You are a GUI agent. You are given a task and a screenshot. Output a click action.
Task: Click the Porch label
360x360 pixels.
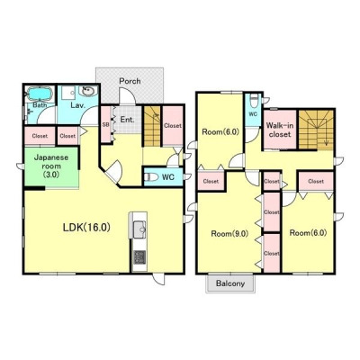click(x=130, y=81)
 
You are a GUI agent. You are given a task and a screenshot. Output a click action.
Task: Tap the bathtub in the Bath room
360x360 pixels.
click(x=40, y=94)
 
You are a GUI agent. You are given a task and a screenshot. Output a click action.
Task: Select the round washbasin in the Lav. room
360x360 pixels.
click(x=88, y=91)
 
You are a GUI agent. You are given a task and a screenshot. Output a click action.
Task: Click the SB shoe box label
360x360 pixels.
click(x=105, y=124)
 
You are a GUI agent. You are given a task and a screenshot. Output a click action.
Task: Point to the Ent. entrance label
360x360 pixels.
click(x=127, y=120)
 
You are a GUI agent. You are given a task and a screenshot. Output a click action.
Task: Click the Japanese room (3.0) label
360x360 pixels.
click(x=51, y=166)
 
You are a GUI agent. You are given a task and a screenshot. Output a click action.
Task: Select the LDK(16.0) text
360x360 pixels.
click(x=86, y=228)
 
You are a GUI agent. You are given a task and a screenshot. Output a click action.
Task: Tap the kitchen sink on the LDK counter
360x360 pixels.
click(x=139, y=229)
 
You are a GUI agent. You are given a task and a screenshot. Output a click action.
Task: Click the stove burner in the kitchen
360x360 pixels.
click(x=139, y=257)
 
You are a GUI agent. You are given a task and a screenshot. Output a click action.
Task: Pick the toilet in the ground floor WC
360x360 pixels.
click(x=151, y=177)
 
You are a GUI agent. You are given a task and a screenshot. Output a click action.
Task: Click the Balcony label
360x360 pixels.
click(x=230, y=283)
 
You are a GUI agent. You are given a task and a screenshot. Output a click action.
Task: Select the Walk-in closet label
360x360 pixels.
click(x=280, y=130)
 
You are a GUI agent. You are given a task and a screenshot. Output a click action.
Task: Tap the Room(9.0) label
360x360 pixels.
click(x=229, y=234)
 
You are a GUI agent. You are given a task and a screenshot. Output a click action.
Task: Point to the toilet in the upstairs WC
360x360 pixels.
click(x=255, y=101)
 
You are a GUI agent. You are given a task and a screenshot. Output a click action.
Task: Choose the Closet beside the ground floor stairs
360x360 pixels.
click(x=173, y=126)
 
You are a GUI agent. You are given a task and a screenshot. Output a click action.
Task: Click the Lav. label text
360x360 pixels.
click(x=78, y=105)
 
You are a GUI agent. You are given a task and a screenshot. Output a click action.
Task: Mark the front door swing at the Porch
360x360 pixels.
click(x=127, y=96)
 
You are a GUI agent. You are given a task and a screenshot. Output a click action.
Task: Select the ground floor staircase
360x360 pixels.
click(x=152, y=126)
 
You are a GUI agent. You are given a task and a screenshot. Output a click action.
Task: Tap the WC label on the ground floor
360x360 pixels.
click(x=168, y=177)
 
